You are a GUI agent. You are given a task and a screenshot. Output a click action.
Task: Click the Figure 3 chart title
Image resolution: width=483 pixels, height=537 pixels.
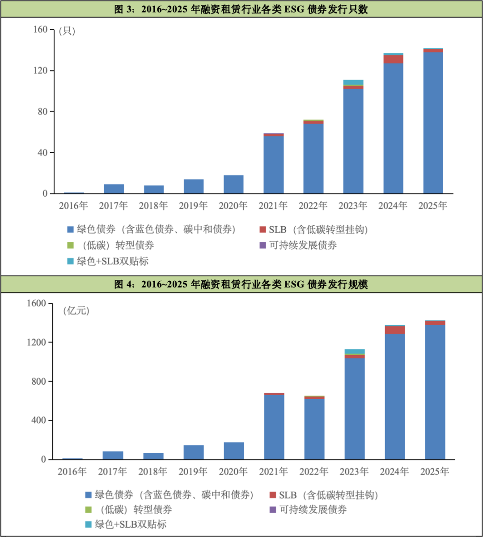pyautogui.click(x=241, y=9)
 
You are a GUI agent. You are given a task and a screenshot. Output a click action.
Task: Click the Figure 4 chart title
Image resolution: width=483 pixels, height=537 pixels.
pyautogui.click(x=241, y=284)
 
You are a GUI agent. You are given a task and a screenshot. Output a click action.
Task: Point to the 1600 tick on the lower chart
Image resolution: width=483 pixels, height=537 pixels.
pyautogui.click(x=37, y=304)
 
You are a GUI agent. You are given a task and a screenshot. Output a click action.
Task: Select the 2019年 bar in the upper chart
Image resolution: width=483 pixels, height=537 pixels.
pyautogui.click(x=194, y=186)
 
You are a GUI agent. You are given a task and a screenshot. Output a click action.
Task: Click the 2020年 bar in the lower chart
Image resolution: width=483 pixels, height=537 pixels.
pyautogui.click(x=234, y=451)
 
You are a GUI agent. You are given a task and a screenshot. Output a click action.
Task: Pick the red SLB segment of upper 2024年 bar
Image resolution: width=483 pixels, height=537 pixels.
pyautogui.click(x=393, y=59)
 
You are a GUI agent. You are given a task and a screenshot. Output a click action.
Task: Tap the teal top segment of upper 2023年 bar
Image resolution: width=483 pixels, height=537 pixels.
pyautogui.click(x=353, y=82)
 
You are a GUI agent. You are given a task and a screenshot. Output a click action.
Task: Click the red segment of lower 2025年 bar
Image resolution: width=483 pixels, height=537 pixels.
pyautogui.click(x=435, y=322)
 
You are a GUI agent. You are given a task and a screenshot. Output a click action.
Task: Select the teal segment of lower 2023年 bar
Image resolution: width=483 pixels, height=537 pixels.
pyautogui.click(x=355, y=351)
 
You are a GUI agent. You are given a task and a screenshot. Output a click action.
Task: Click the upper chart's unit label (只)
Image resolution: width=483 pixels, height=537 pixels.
pyautogui.click(x=67, y=31)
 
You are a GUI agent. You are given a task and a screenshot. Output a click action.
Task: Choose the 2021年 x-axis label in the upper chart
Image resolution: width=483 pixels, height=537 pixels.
pyautogui.click(x=273, y=206)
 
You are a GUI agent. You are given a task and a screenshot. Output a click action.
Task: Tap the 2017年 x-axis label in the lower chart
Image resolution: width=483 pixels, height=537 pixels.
pyautogui.click(x=113, y=472)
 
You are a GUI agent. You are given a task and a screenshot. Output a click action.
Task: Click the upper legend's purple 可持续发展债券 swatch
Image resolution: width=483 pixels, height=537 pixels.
pyautogui.click(x=263, y=245)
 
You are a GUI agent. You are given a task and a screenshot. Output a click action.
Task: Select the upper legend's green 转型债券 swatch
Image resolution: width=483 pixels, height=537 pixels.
pyautogui.click(x=70, y=245)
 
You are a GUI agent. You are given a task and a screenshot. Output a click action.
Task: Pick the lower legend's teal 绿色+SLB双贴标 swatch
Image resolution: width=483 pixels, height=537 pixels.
pyautogui.click(x=88, y=524)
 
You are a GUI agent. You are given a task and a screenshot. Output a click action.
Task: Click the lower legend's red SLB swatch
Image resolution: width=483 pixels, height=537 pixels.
pyautogui.click(x=272, y=495)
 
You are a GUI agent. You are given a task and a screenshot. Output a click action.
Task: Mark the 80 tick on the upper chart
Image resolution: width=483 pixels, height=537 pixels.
pyautogui.click(x=42, y=112)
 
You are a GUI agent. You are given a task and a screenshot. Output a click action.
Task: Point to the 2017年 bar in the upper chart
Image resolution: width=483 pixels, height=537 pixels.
pyautogui.click(x=114, y=189)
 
